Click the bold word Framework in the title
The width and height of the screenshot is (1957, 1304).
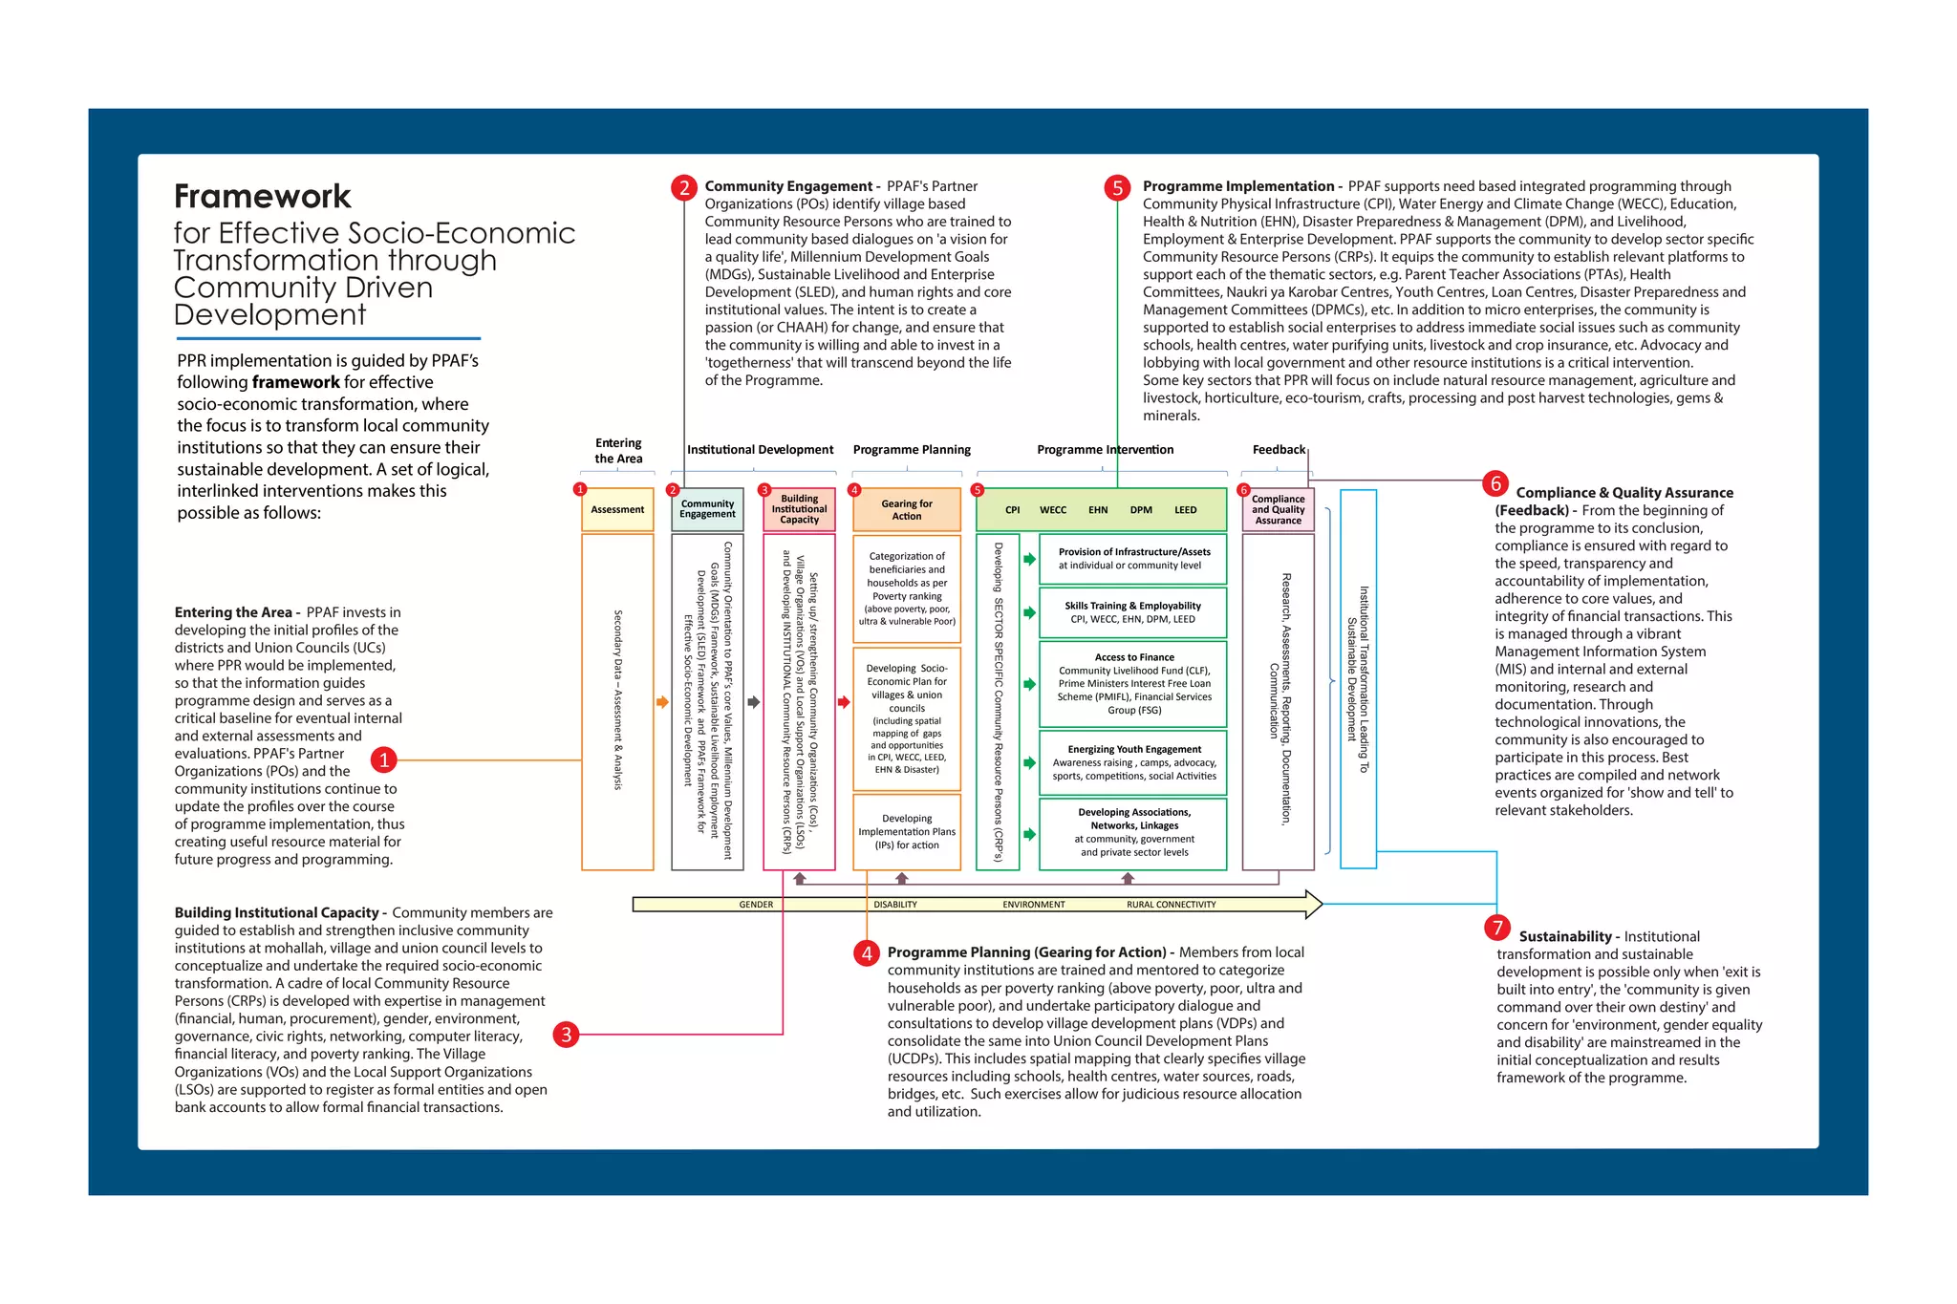tap(263, 197)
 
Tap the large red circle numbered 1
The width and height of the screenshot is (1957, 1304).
tap(383, 759)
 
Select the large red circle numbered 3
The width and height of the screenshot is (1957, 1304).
tap(567, 1034)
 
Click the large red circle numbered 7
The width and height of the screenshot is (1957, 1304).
tap(1497, 928)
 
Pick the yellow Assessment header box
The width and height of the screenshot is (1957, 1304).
tap(617, 510)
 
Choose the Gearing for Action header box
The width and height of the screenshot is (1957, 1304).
tap(906, 510)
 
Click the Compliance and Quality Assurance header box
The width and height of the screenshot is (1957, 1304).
tap(1278, 510)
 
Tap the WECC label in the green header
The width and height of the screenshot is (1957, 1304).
tap(1052, 510)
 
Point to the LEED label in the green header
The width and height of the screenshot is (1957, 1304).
tap(1185, 510)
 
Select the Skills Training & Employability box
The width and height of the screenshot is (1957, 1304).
tap(1132, 612)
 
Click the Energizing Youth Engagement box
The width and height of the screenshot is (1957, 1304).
tap(1133, 762)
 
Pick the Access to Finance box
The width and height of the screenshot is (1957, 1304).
tap(1133, 683)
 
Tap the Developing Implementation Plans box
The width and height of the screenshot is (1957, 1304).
tap(906, 831)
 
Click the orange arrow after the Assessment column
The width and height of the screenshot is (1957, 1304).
tap(662, 702)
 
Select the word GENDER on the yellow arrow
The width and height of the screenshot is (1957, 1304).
tap(756, 904)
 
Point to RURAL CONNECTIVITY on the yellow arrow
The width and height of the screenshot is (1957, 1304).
tap(1171, 904)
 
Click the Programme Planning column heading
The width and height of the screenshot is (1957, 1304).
tap(912, 450)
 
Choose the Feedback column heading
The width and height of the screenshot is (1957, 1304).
tap(1278, 450)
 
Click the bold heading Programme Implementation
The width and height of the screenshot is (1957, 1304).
tap(1238, 186)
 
